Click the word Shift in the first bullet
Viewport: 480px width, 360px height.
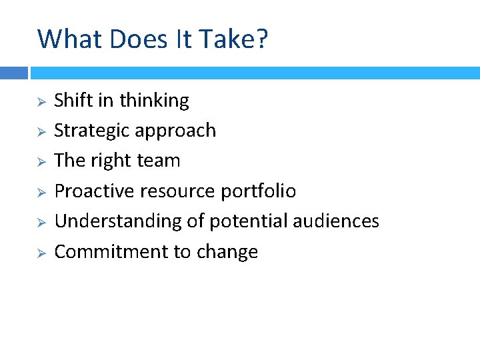74,100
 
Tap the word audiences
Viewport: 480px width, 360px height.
338,221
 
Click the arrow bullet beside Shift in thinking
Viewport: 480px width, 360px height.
40,102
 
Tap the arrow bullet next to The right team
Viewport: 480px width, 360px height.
40,162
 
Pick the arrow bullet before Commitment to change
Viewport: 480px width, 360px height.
40,253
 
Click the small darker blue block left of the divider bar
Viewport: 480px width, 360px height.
13,73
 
